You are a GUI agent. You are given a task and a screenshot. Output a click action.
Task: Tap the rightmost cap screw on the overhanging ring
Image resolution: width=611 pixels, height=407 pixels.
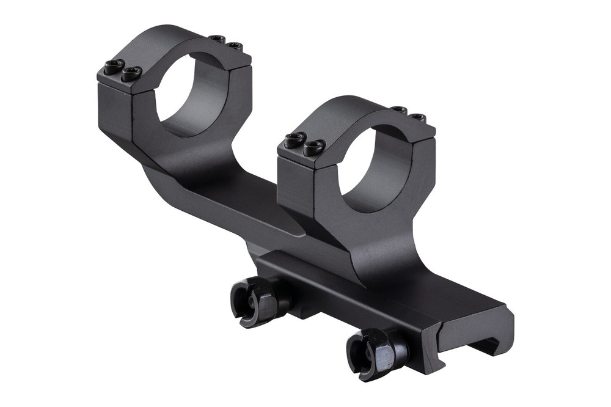(235, 46)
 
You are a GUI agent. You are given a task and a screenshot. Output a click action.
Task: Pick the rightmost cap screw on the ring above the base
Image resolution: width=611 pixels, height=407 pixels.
(417, 116)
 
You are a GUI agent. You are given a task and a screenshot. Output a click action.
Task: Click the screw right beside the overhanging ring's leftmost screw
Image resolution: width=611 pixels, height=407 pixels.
(131, 73)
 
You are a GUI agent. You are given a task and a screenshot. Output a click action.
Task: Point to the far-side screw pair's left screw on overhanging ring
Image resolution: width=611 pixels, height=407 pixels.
(217, 39)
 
